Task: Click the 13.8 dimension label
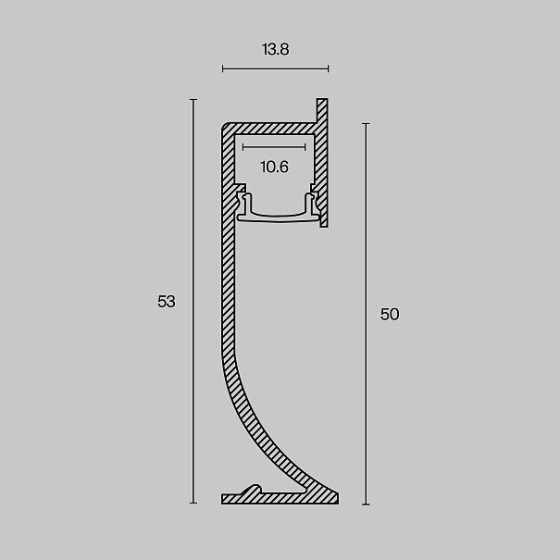pyautogui.click(x=275, y=49)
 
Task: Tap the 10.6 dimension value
pyautogui.click(x=274, y=167)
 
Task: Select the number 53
pyautogui.click(x=167, y=302)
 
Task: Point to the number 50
pyautogui.click(x=390, y=315)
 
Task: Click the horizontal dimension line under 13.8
pyautogui.click(x=275, y=68)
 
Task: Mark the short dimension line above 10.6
pyautogui.click(x=274, y=147)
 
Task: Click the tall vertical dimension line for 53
pyautogui.click(x=193, y=301)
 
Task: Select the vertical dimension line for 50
pyautogui.click(x=366, y=314)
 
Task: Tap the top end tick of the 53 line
pyautogui.click(x=193, y=99)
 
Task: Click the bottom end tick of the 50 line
pyautogui.click(x=366, y=504)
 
